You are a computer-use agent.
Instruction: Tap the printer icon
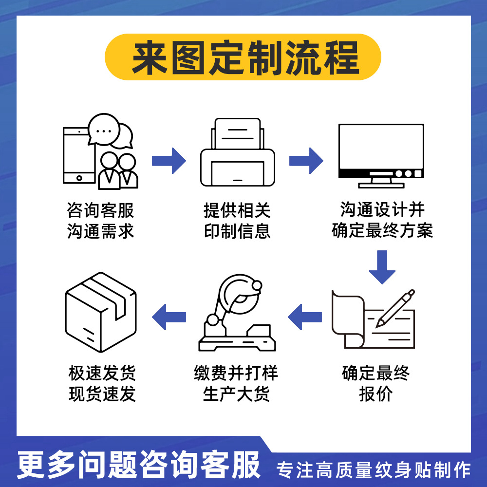[x=238, y=152]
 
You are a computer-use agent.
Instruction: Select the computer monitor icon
[x=381, y=156]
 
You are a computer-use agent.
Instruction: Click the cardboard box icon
[x=101, y=312]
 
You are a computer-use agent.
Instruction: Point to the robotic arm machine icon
[x=237, y=313]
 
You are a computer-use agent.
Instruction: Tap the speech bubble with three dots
[x=104, y=130]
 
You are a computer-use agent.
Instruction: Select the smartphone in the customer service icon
[x=79, y=155]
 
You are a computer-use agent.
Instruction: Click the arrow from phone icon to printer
[x=169, y=161]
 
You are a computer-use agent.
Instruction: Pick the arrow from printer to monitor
[x=306, y=161]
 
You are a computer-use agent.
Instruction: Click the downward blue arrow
[x=382, y=267]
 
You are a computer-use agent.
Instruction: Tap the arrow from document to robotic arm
[x=305, y=317]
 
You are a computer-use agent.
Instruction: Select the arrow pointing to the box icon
[x=169, y=317]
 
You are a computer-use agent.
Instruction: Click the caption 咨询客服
[x=100, y=210]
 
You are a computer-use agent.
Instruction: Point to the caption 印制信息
[x=237, y=231]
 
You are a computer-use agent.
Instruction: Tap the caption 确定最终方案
[x=382, y=230]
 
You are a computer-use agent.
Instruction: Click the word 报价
[x=376, y=394]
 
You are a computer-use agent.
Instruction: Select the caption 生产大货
[x=236, y=394]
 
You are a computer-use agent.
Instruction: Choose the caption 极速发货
[x=102, y=373]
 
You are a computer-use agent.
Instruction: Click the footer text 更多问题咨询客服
[x=138, y=465]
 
